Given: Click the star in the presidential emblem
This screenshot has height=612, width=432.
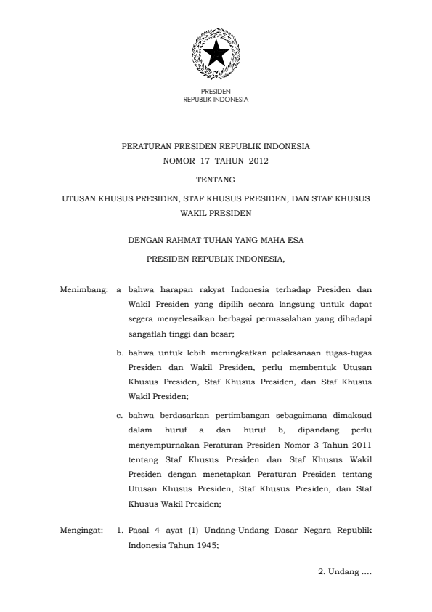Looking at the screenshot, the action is pos(215,52).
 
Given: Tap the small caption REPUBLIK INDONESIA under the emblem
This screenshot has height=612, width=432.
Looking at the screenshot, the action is pos(216,99).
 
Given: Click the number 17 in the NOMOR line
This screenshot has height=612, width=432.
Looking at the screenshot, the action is pos(203,161).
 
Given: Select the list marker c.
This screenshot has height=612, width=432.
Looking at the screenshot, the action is pos(120,415).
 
